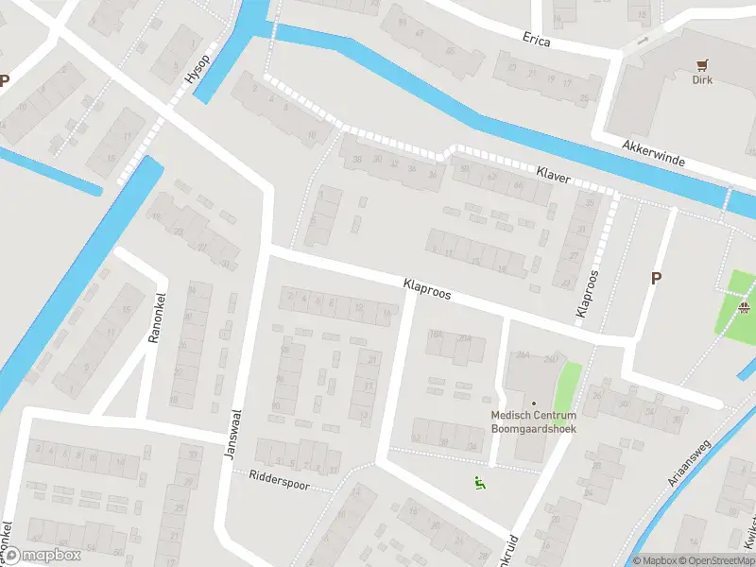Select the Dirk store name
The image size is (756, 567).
coord(701,80)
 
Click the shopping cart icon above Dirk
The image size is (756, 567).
coord(701,64)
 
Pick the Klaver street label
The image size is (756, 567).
coord(553,174)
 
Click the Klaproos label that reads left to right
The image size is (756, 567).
coord(426,288)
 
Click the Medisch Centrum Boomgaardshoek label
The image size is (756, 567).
coord(533,421)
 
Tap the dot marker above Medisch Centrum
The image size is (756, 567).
coord(533,404)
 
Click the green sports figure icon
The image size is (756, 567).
coord(480,484)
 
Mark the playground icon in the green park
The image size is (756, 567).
coord(745,307)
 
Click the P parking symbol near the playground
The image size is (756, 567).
coord(654,278)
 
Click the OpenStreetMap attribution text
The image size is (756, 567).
coord(714,560)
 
